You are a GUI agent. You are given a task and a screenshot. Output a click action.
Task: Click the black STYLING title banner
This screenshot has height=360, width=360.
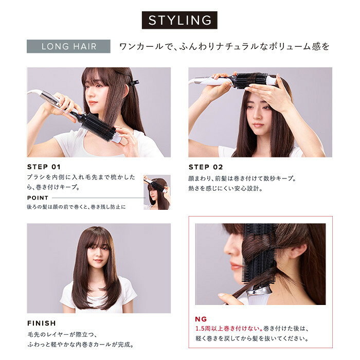click(x=179, y=20)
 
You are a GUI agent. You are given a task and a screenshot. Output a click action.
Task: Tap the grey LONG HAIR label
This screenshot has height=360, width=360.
click(x=68, y=46)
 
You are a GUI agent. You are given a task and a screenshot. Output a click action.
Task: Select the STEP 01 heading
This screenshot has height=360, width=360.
click(x=44, y=167)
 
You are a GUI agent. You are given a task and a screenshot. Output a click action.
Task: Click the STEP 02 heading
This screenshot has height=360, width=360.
click(x=206, y=167)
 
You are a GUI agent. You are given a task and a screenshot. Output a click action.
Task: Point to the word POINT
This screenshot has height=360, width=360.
click(x=38, y=197)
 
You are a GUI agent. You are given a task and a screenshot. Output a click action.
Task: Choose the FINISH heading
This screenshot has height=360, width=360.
click(x=42, y=323)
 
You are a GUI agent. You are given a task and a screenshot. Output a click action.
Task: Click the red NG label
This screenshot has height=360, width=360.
click(x=201, y=319)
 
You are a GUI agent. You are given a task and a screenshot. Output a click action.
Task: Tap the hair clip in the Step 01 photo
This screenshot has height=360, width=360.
click(x=133, y=82)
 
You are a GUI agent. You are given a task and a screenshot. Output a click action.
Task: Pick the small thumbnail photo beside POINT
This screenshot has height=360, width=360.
click(x=157, y=192)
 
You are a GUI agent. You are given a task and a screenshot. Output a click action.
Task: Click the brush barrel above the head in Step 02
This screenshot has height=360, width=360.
click(x=250, y=80)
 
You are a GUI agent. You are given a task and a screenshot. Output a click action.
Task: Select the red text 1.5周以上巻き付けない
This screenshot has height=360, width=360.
click(x=229, y=329)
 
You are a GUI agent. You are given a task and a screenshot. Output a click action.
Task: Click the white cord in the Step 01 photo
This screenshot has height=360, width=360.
click(x=34, y=92)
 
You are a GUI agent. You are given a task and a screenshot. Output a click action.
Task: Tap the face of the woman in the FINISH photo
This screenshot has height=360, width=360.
click(x=98, y=253)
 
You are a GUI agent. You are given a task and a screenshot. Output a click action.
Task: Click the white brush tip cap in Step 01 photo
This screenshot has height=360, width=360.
click(x=117, y=138)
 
